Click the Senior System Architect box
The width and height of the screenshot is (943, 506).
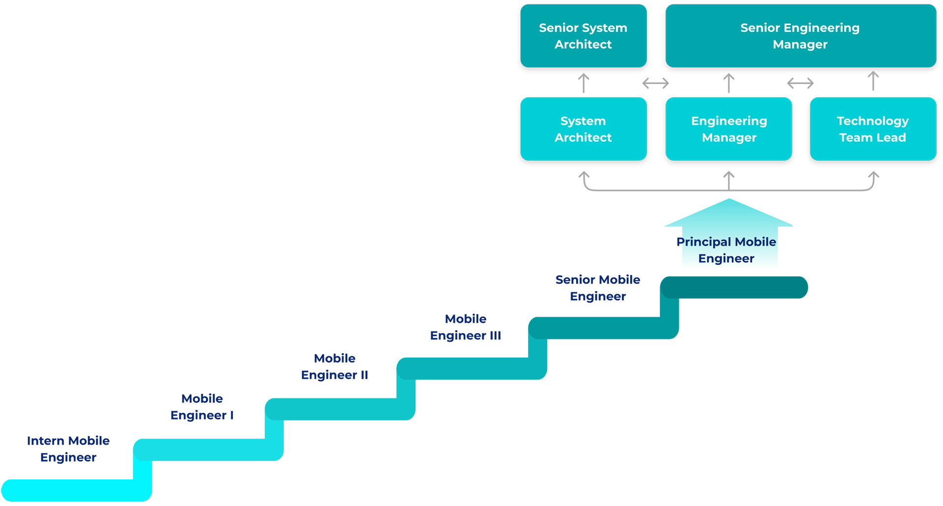pyautogui.click(x=583, y=36)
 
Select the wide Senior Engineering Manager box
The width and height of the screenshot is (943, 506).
pyautogui.click(x=800, y=36)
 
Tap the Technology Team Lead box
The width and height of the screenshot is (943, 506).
pyautogui.click(x=872, y=129)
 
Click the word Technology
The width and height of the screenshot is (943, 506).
pyautogui.click(x=872, y=121)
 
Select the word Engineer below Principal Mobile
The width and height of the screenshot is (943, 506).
pyautogui.click(x=726, y=258)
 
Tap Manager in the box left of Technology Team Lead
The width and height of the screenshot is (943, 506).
pyautogui.click(x=729, y=138)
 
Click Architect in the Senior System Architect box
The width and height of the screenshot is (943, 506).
pyautogui.click(x=583, y=45)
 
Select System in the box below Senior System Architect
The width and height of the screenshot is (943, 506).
pyautogui.click(x=583, y=121)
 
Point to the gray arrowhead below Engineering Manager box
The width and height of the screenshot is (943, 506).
pyautogui.click(x=729, y=172)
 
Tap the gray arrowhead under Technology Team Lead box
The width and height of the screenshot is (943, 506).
pyautogui.click(x=872, y=172)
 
